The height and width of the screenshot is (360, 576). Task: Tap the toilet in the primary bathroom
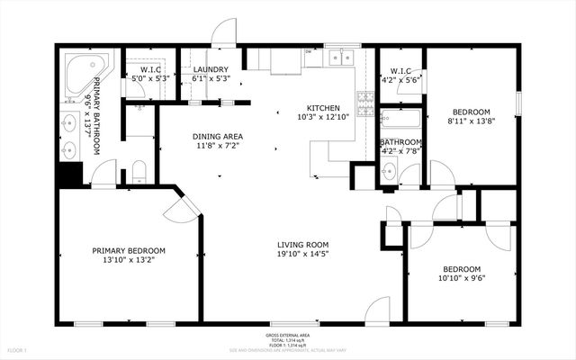click(x=139, y=170)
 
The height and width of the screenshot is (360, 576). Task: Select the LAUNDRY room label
click(x=211, y=69)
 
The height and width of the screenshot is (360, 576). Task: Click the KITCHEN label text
click(x=322, y=107)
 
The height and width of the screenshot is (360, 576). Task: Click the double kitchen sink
click(x=341, y=58)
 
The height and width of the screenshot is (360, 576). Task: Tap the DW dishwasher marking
click(x=309, y=52)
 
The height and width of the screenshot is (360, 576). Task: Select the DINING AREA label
click(x=218, y=137)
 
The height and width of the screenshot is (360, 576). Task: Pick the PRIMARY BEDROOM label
click(x=129, y=251)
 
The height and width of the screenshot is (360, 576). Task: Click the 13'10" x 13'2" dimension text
click(x=129, y=262)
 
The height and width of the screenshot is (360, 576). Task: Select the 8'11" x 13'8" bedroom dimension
click(x=472, y=120)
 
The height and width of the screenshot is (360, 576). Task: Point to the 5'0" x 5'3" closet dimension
click(x=150, y=78)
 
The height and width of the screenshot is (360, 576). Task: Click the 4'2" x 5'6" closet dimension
click(x=400, y=80)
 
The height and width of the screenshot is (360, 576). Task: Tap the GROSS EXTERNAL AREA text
click(x=287, y=335)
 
